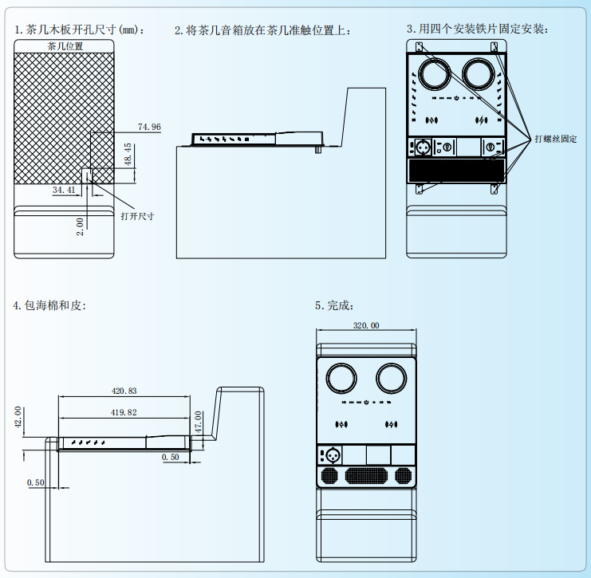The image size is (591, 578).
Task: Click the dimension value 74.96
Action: point(149,127)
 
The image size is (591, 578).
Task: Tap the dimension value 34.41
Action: point(64,190)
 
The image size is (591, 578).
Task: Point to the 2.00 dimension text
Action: point(80,226)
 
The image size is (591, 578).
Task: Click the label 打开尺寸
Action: point(136,216)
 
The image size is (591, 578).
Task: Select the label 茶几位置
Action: point(65,46)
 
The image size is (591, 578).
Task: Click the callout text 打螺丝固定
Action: point(555,139)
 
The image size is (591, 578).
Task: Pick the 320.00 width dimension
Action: point(366,325)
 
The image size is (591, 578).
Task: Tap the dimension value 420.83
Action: point(124,391)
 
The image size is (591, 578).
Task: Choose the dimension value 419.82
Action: point(124,412)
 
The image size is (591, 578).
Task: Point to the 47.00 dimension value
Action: point(199,421)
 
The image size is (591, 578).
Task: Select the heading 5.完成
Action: point(334,305)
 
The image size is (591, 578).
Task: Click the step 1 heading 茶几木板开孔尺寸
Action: point(80,29)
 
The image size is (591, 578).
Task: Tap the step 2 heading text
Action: point(262,29)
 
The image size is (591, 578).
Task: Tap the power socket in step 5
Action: point(330,456)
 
